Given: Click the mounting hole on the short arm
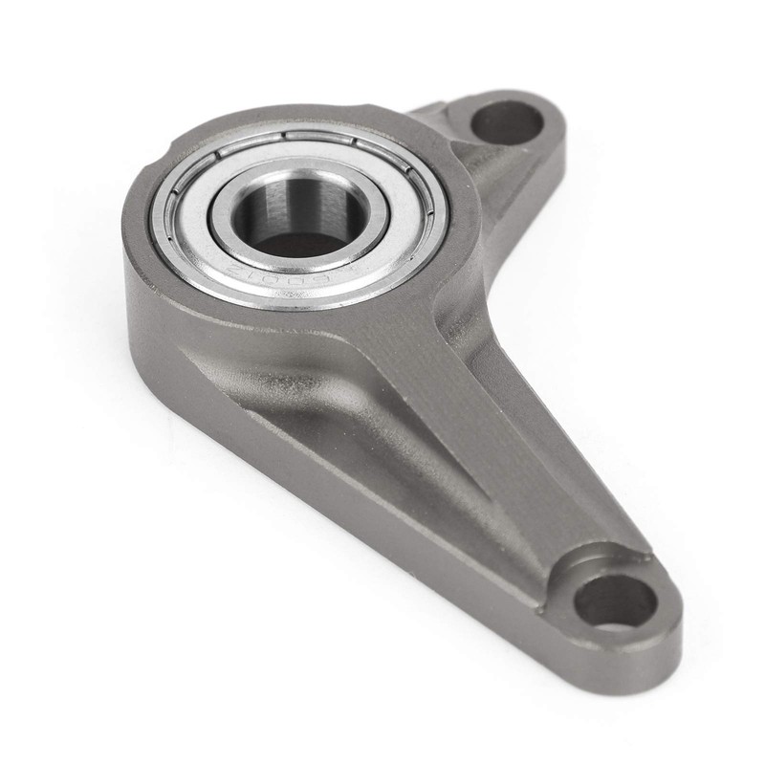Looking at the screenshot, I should pyautogui.click(x=506, y=122).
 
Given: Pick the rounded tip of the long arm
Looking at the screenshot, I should pyautogui.click(x=669, y=622).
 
